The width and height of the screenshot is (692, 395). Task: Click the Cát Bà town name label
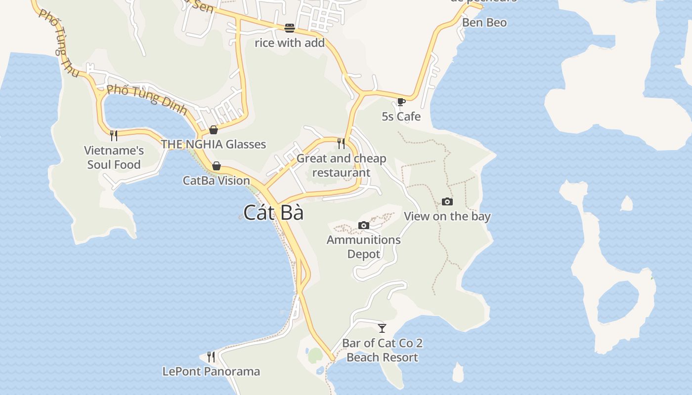coord(273,212)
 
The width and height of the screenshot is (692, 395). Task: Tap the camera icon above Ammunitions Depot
coord(364,226)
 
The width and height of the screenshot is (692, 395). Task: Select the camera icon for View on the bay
coord(447,201)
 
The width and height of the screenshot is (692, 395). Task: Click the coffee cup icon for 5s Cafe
coord(401,102)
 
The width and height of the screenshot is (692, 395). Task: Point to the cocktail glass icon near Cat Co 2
coord(382,328)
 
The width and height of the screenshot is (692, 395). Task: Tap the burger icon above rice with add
coord(290,28)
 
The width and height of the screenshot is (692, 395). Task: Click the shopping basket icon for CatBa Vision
coord(216,166)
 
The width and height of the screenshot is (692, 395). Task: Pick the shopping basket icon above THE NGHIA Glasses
coord(214,130)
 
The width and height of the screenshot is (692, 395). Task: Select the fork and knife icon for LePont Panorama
coord(211,356)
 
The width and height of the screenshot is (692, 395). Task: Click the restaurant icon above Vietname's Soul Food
coord(114,136)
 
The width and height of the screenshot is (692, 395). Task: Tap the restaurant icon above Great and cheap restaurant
coord(341,144)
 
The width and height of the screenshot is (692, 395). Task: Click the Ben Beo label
coord(484,23)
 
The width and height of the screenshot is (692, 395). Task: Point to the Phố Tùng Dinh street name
coord(147,99)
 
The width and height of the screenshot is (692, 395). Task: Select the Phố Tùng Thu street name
coord(59,43)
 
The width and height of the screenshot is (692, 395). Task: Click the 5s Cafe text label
coord(401,117)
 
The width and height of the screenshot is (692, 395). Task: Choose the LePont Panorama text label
coord(211,371)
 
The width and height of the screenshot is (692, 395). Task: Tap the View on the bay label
coord(447,216)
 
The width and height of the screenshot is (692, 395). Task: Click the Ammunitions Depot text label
coord(364,247)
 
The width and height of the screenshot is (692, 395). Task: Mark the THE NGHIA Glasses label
coord(214,144)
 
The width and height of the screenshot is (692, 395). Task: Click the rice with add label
coord(290,43)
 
